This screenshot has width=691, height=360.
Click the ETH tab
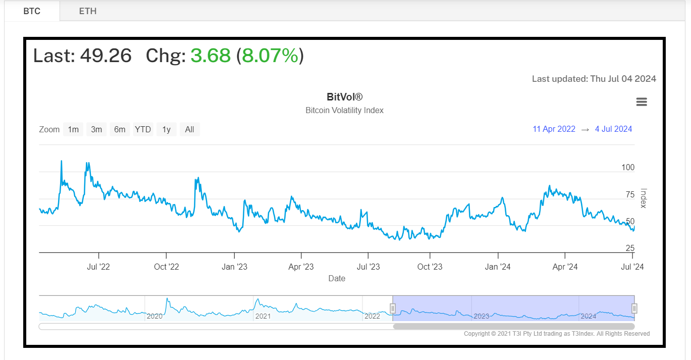click(88, 11)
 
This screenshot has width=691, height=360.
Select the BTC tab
click(32, 11)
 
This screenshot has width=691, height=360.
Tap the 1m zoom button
click(73, 129)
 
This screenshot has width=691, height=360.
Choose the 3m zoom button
click(96, 129)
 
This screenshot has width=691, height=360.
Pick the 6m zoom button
click(120, 129)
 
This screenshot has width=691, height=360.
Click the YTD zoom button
click(143, 129)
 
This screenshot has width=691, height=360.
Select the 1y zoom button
click(166, 129)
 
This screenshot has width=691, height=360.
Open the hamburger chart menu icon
click(642, 102)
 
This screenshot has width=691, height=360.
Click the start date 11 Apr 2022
click(554, 129)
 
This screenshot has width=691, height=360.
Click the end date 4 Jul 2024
click(614, 129)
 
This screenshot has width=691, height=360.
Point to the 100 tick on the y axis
click(628, 168)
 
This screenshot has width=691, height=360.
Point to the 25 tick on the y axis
click(630, 248)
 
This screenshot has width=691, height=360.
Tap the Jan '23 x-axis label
click(234, 267)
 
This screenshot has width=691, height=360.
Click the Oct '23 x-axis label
click(430, 267)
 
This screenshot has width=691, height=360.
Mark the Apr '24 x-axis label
click(565, 267)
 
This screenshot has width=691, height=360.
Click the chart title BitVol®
click(345, 97)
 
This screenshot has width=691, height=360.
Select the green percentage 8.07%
click(270, 56)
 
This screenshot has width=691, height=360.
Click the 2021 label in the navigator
click(263, 316)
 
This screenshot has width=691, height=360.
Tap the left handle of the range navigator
click(393, 308)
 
